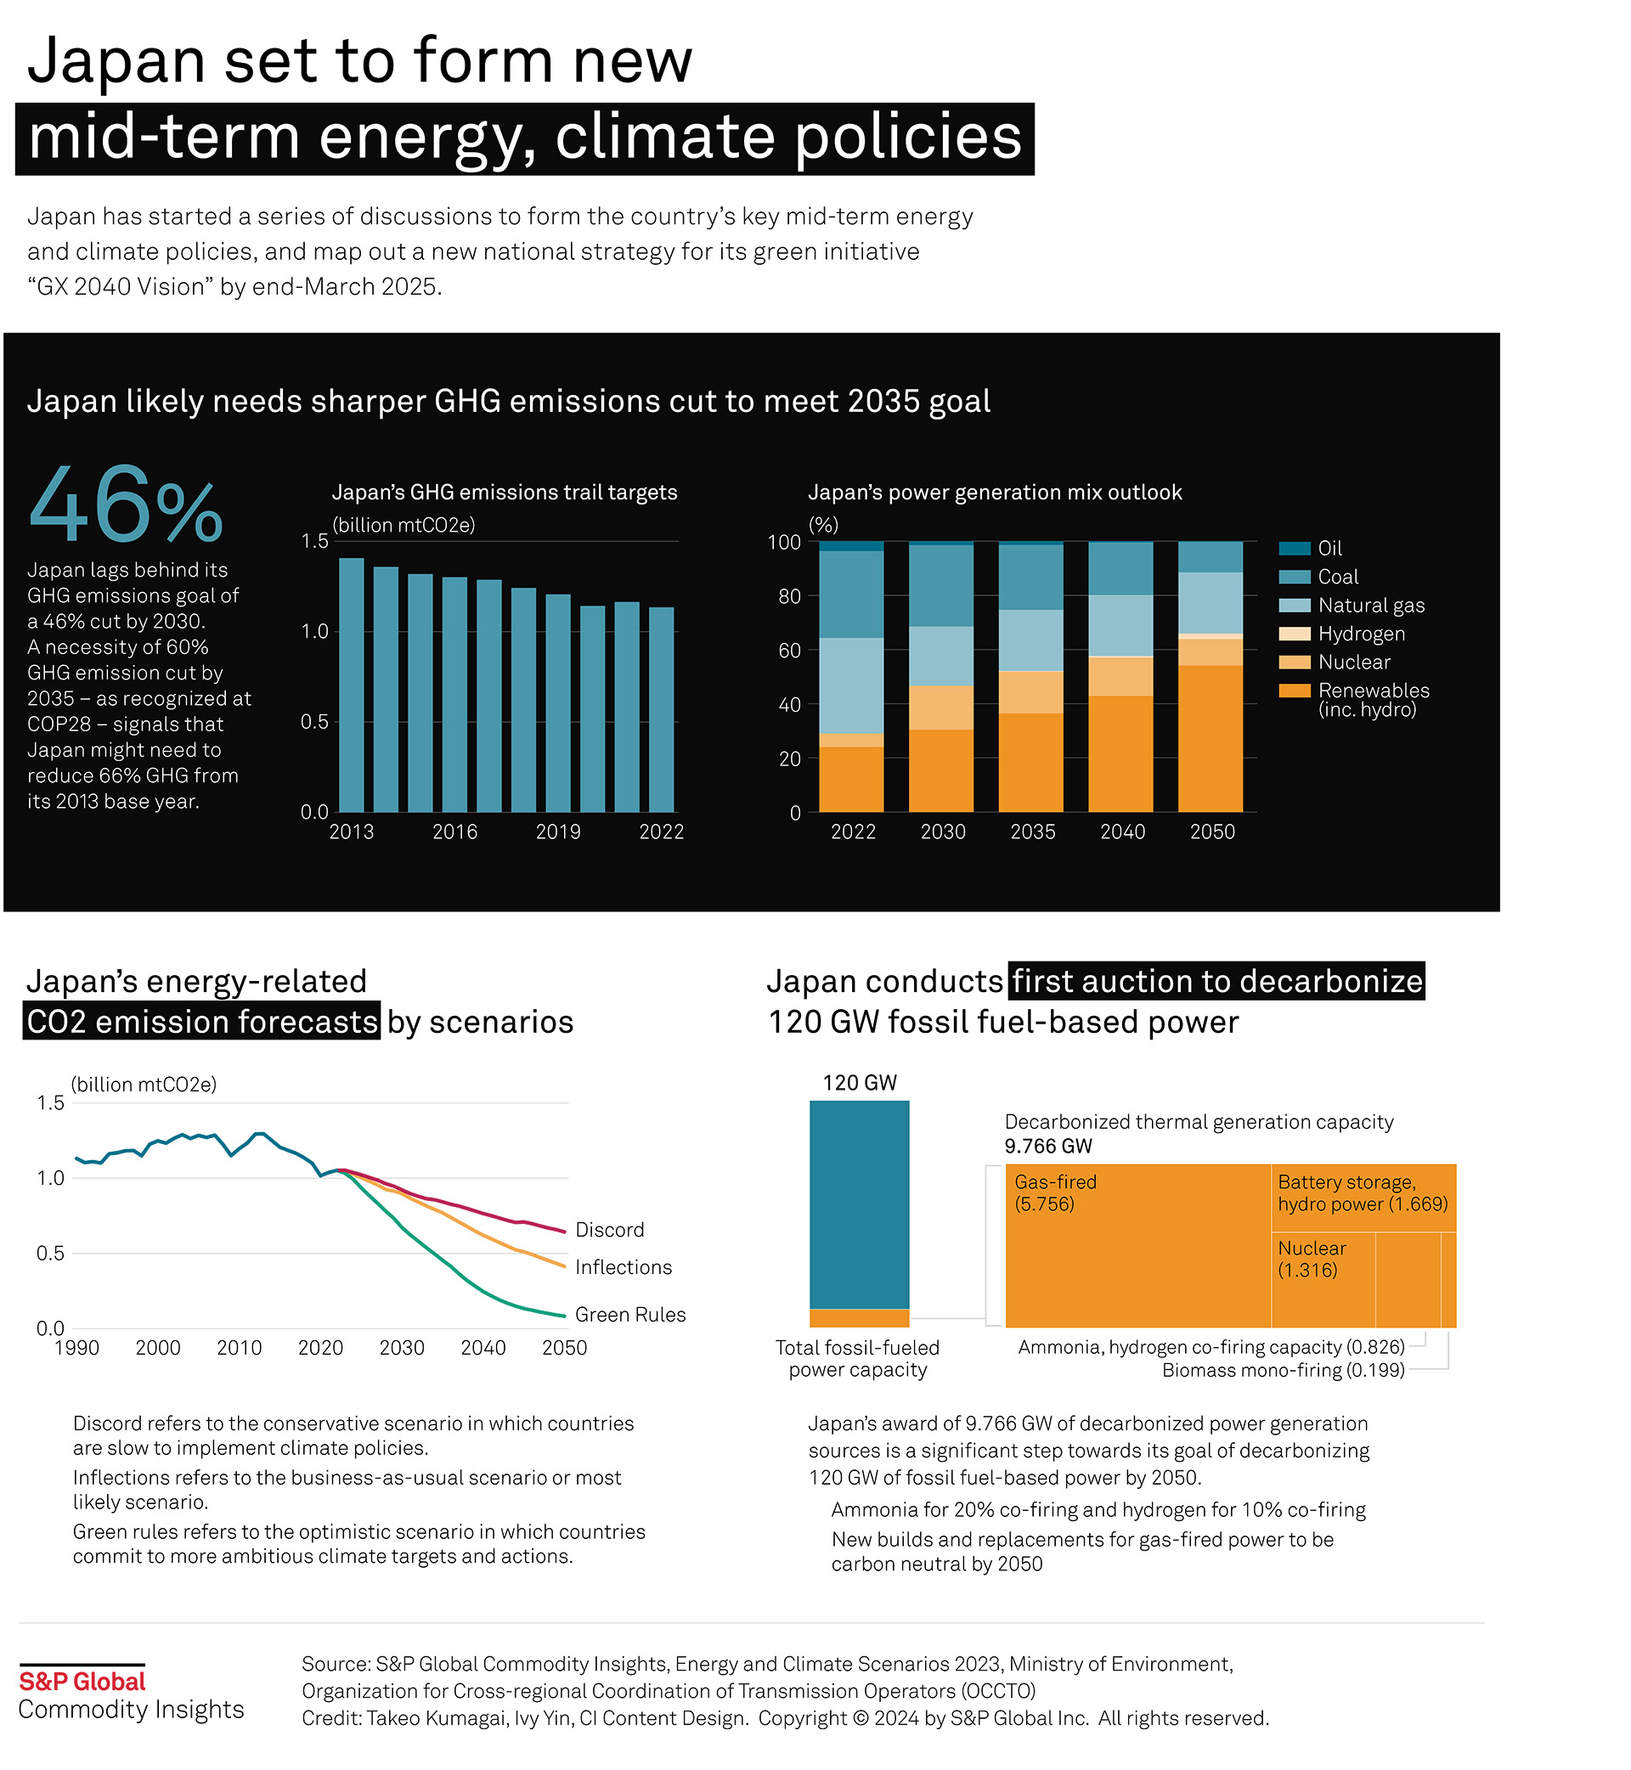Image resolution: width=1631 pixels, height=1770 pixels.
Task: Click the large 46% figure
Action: pyautogui.click(x=127, y=506)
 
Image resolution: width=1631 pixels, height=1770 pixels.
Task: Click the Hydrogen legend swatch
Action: pyautogui.click(x=1294, y=634)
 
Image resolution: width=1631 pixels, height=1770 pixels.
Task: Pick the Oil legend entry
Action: pyautogui.click(x=1329, y=548)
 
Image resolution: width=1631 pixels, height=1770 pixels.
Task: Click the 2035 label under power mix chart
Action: pyautogui.click(x=1032, y=831)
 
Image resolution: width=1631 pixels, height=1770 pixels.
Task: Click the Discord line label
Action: pyautogui.click(x=609, y=1229)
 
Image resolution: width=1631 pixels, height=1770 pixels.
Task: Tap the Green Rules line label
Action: pyautogui.click(x=629, y=1314)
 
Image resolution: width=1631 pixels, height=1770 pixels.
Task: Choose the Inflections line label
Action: pyautogui.click(x=624, y=1266)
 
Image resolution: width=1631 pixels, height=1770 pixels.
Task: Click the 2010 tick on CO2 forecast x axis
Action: pyautogui.click(x=240, y=1347)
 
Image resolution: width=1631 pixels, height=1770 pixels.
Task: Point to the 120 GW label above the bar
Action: pyautogui.click(x=859, y=1083)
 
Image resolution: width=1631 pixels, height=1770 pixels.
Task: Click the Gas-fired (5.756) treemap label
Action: pyautogui.click(x=1055, y=1192)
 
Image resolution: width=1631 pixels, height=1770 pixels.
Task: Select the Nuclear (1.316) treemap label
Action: pyautogui.click(x=1312, y=1258)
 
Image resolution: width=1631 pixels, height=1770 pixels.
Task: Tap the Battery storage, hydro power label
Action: pyautogui.click(x=1362, y=1192)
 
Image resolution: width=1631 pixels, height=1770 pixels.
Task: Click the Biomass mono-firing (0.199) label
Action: pyautogui.click(x=1283, y=1369)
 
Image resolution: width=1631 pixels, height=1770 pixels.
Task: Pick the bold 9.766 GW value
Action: pyautogui.click(x=1047, y=1145)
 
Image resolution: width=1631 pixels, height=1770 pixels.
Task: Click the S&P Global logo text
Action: pyautogui.click(x=82, y=1681)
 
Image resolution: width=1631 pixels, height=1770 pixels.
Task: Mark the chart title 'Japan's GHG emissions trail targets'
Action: pyautogui.click(x=504, y=493)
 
